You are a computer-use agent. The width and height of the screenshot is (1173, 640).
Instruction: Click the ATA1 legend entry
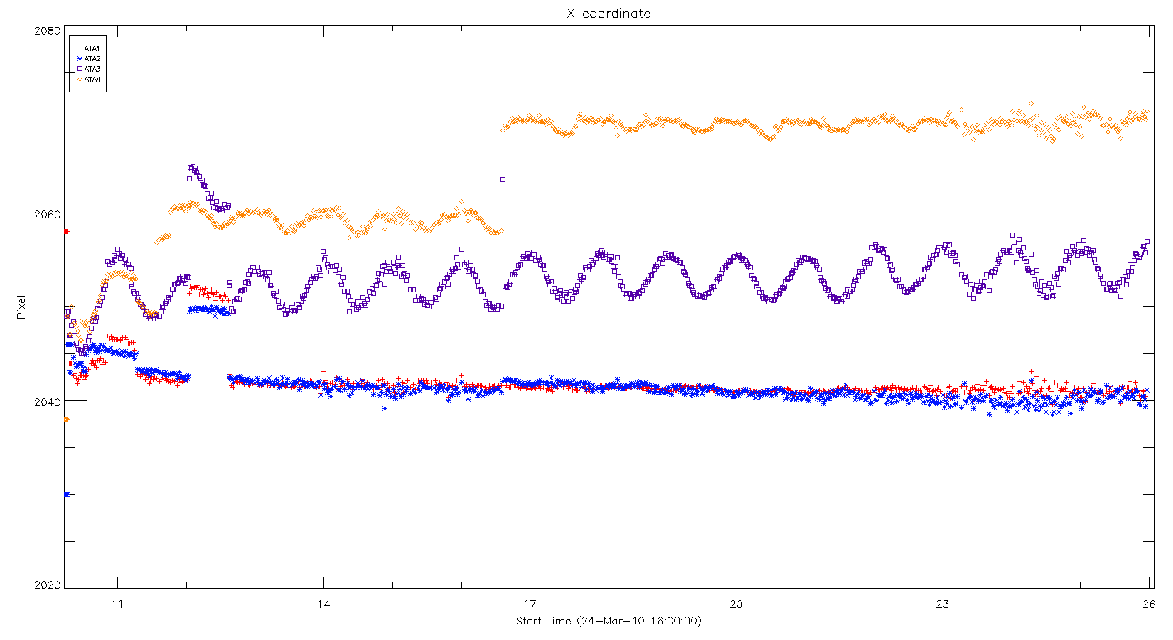tap(90, 48)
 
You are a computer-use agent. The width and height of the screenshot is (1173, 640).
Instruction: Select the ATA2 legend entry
tap(90, 59)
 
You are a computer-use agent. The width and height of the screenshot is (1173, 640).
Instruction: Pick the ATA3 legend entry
tap(90, 69)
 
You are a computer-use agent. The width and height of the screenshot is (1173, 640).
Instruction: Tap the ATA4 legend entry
tap(90, 80)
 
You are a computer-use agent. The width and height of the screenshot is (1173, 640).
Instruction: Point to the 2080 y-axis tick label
tap(48, 31)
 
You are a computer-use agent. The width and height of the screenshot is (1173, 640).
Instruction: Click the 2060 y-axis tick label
tap(48, 213)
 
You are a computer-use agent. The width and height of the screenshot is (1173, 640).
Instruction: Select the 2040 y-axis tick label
tap(48, 402)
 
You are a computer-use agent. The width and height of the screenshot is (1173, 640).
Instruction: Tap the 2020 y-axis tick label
tap(48, 585)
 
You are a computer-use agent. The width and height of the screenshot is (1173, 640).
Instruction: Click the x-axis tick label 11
tap(117, 604)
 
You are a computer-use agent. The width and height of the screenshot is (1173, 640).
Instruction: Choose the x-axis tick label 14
tap(323, 604)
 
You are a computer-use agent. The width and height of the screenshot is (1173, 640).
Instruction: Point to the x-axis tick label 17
tap(530, 604)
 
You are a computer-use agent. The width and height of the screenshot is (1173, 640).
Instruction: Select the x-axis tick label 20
tap(736, 604)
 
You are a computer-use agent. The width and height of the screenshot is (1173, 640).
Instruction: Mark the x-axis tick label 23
tap(942, 604)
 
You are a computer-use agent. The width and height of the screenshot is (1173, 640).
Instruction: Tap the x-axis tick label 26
tap(1148, 604)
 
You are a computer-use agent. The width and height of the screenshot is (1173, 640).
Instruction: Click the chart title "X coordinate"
tap(608, 14)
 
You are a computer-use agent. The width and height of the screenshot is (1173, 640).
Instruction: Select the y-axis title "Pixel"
tap(21, 307)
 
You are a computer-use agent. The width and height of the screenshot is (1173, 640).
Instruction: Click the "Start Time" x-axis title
tap(609, 621)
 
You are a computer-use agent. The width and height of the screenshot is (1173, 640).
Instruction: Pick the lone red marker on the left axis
tap(66, 231)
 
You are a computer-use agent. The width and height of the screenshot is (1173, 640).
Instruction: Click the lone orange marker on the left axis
tap(66, 420)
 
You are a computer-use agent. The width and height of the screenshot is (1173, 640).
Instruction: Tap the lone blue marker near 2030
tap(66, 494)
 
